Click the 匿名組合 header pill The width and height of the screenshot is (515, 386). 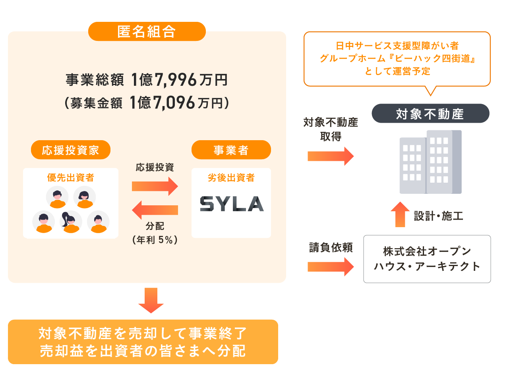[x=147, y=31]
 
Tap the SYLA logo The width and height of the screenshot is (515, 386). [x=231, y=204]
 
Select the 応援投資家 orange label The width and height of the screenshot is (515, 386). [x=70, y=150]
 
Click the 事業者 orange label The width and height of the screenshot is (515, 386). [x=231, y=150]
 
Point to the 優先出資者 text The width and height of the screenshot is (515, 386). [x=71, y=178]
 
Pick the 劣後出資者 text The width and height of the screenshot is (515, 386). [x=231, y=178]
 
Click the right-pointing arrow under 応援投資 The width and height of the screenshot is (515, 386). [x=155, y=186]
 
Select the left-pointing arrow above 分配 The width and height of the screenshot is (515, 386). [x=155, y=210]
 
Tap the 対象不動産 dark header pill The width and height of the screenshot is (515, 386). [x=430, y=114]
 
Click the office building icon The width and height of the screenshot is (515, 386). [x=430, y=162]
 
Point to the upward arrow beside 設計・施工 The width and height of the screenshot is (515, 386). [x=400, y=214]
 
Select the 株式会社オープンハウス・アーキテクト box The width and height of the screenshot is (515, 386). [x=427, y=259]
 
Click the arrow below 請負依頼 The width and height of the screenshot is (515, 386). [x=330, y=266]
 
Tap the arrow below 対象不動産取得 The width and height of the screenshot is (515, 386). [x=330, y=156]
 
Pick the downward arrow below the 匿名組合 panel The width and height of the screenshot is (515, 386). [x=151, y=300]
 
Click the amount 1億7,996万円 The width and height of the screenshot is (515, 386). [x=179, y=80]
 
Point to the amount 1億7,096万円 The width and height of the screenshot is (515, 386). [x=179, y=103]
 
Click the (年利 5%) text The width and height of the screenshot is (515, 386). [x=155, y=239]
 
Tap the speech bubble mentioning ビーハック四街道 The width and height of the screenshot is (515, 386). [x=397, y=59]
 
